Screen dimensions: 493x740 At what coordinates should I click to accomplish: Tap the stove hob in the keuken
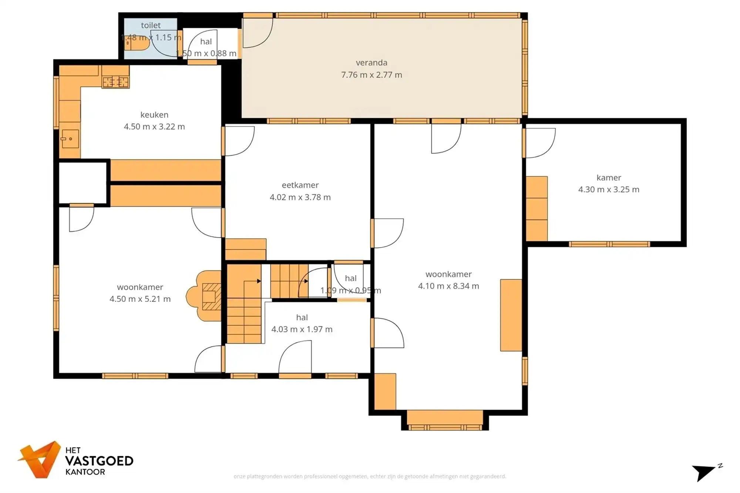(x=115, y=82)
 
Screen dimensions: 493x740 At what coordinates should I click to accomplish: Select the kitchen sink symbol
(x=70, y=139)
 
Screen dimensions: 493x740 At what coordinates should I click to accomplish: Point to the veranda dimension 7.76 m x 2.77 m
(x=371, y=75)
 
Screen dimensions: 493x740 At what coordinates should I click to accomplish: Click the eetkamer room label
(x=300, y=185)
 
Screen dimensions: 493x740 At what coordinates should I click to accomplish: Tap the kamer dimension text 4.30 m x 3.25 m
(x=609, y=189)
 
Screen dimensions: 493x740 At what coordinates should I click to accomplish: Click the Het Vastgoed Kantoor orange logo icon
(x=40, y=460)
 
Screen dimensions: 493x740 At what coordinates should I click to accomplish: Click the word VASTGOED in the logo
(x=99, y=461)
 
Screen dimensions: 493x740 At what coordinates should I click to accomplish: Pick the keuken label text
(x=154, y=115)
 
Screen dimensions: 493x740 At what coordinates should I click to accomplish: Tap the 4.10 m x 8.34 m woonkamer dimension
(x=448, y=286)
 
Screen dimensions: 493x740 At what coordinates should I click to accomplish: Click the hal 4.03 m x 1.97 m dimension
(x=302, y=329)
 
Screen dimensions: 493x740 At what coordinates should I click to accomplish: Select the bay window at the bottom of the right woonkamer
(x=445, y=419)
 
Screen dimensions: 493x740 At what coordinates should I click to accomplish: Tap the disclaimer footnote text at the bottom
(x=370, y=476)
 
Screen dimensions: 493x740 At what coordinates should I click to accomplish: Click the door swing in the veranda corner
(x=257, y=33)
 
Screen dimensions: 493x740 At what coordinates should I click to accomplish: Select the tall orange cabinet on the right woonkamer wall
(x=511, y=315)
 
